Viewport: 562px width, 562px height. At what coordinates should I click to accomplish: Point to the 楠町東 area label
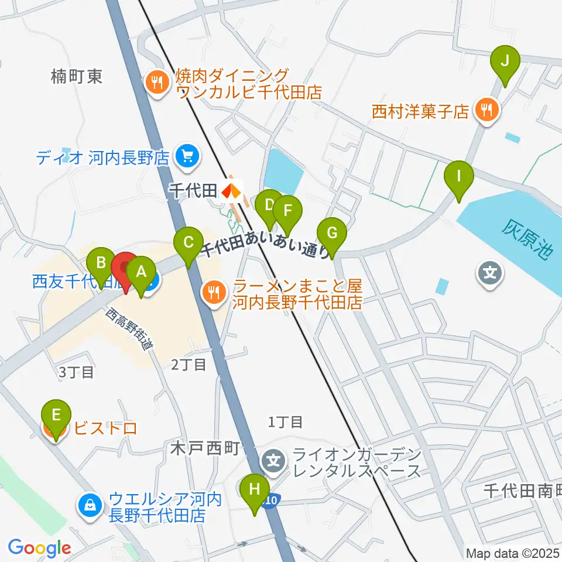pyautogui.click(x=76, y=76)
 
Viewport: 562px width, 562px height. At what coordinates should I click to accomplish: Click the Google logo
pyautogui.click(x=39, y=548)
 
